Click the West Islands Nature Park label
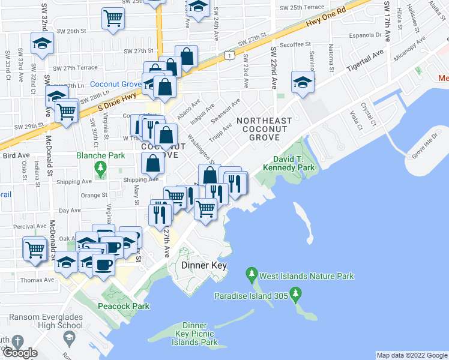[x=306, y=277]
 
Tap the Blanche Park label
[x=100, y=155]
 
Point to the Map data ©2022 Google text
[x=411, y=355]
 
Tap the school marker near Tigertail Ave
[x=303, y=83]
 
